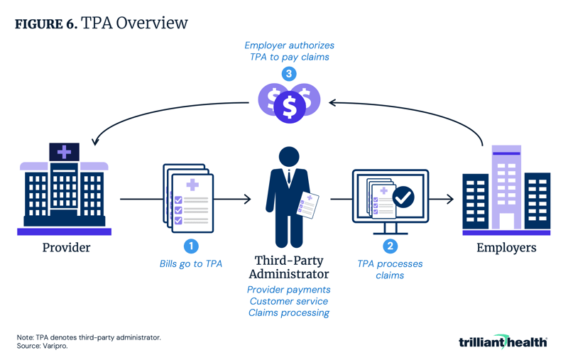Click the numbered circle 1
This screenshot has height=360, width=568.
[191, 246]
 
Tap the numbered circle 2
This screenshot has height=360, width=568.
[390, 246]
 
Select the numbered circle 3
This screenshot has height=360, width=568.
[289, 74]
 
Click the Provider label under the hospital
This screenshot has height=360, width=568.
[66, 248]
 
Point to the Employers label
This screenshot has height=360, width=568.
[506, 248]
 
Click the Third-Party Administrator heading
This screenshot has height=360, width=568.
[288, 267]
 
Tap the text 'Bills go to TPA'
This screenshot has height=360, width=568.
[191, 264]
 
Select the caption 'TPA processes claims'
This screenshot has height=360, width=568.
[390, 269]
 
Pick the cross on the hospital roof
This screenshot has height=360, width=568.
[64, 151]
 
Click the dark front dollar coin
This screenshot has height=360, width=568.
[289, 107]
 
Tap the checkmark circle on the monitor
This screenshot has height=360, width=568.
[404, 197]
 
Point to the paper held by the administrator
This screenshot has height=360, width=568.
[308, 205]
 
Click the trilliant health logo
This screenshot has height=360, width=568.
[503, 342]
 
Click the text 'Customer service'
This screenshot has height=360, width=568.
[288, 301]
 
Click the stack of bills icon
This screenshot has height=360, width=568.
[187, 197]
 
